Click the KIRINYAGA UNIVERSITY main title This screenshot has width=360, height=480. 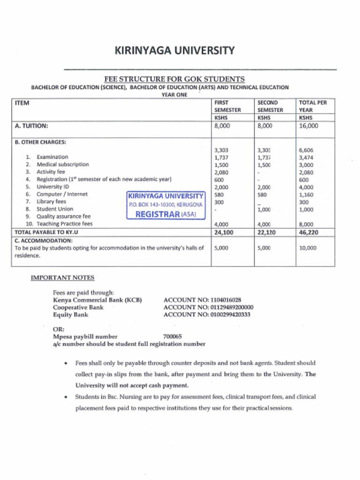coord(174,50)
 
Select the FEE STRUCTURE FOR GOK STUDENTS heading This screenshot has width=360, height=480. coord(174,79)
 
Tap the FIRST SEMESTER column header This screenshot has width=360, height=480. coord(227,106)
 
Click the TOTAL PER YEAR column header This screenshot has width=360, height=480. coord(313,106)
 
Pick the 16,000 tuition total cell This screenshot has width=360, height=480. coord(308,126)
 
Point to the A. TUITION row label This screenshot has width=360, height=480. coord(31,126)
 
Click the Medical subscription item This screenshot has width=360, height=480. coord(62,165)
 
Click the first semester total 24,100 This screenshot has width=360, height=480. coord(224,232)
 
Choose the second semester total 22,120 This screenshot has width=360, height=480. coord(267,232)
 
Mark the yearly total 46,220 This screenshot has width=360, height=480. coord(308,232)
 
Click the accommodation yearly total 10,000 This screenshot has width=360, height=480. coord(307,248)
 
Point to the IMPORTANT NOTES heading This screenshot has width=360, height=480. coord(62,277)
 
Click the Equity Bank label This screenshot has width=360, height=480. coord(70,315)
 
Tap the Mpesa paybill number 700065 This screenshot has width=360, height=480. coord(172,336)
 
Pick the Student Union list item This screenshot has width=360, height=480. coord(55,209)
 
